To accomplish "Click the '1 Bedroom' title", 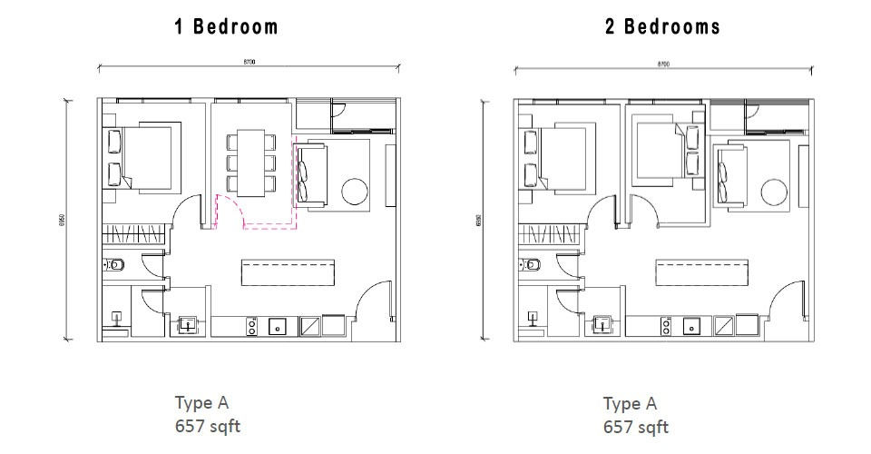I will (x=226, y=27).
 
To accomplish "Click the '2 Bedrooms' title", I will (x=662, y=27).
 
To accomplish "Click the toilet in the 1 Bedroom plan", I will (x=115, y=265).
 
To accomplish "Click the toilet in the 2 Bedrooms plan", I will (x=533, y=265).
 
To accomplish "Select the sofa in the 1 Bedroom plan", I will (x=304, y=172).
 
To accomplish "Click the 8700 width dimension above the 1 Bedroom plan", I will (x=250, y=61).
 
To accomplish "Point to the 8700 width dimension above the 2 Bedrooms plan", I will (x=662, y=64).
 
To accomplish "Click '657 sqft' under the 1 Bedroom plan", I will (x=208, y=426).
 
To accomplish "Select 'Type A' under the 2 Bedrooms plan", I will (x=630, y=404).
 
